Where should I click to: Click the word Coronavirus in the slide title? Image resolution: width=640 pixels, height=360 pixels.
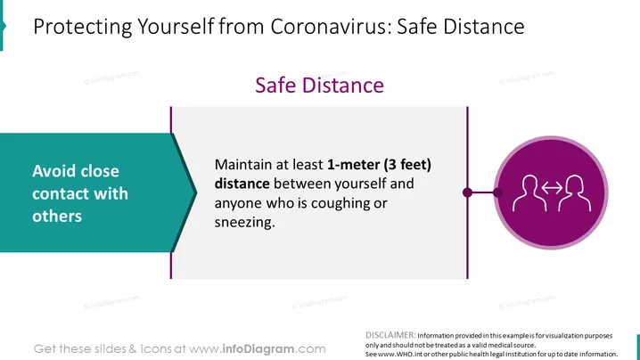[330, 27]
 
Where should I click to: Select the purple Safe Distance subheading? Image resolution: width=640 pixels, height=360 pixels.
[320, 86]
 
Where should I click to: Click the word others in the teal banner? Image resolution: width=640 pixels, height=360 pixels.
[57, 216]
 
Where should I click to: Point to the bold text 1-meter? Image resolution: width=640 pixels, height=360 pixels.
[354, 165]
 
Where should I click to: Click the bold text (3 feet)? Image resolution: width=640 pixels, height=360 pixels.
[407, 165]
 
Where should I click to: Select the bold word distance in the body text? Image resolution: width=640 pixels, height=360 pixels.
[242, 184]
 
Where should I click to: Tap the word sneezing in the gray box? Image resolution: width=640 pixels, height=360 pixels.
[245, 223]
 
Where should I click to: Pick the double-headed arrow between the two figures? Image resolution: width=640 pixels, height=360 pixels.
[552, 188]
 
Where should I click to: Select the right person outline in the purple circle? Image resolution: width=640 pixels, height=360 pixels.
[574, 193]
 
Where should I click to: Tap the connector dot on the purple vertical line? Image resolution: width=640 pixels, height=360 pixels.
[468, 192]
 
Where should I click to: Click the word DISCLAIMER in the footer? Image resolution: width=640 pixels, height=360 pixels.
[390, 335]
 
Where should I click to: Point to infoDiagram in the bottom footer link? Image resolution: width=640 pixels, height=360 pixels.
[258, 349]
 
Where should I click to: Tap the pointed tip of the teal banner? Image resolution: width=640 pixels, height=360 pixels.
[197, 192]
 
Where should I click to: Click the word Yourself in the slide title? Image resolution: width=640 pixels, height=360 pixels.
[176, 27]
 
